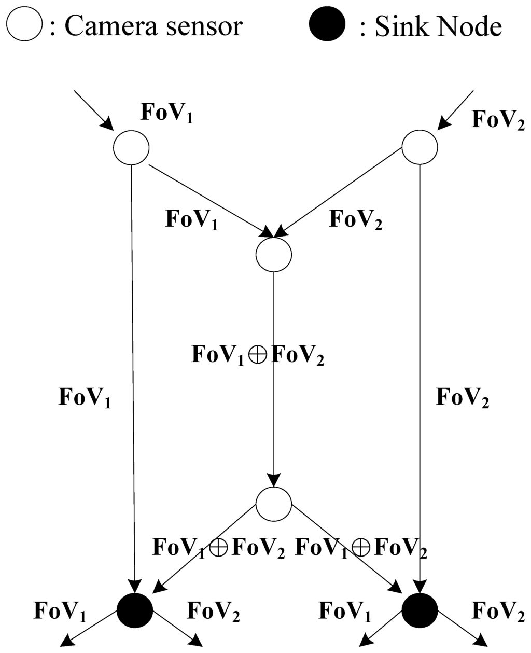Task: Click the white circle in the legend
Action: point(25,25)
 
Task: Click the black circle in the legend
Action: point(326,25)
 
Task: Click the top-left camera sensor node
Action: point(131,147)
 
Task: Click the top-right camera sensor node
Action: point(420,147)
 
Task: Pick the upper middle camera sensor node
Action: point(273,254)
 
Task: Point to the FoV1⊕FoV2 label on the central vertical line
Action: point(258,356)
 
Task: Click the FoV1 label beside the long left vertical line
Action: point(85,398)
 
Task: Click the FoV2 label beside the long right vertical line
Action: point(463,398)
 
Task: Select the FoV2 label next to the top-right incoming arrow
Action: point(498,120)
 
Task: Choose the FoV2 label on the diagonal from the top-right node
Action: point(356,220)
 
